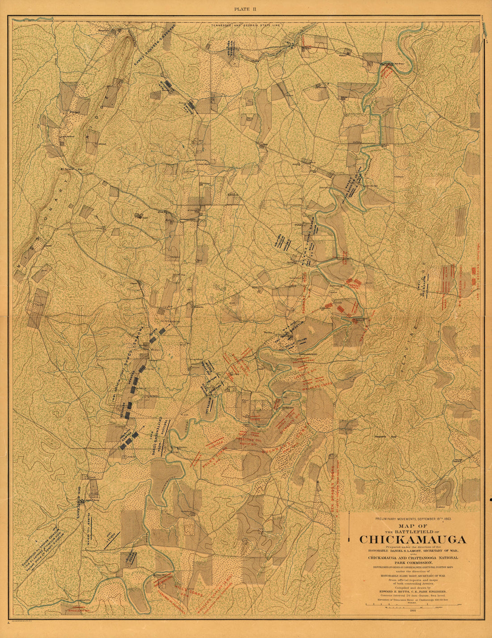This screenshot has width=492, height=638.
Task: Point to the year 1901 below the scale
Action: [412, 611]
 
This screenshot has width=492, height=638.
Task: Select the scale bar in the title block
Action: [412, 604]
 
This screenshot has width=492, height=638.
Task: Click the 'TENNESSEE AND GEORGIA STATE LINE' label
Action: [246, 26]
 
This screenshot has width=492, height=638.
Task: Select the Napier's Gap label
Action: [386, 436]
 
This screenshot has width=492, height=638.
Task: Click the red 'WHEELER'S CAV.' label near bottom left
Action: [79, 610]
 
